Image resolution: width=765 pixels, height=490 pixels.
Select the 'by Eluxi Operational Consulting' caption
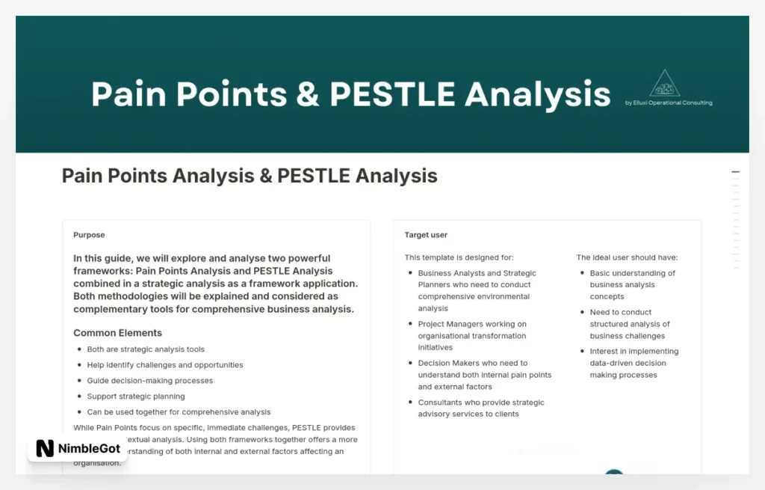pos(669,103)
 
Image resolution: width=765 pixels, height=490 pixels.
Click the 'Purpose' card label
pos(89,235)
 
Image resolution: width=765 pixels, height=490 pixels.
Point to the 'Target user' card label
pos(426,235)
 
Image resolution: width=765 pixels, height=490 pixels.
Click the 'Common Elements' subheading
pos(117,333)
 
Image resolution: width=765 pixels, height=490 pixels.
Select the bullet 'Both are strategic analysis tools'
pos(146,349)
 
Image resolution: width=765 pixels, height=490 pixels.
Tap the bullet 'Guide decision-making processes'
pos(150,381)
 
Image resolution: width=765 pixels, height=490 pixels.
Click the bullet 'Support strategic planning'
pos(136,396)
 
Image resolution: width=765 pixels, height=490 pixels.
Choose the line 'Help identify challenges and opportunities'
pos(165,365)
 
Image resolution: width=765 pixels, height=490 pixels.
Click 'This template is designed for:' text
pos(459,257)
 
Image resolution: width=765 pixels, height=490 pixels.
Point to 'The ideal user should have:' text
pos(627,257)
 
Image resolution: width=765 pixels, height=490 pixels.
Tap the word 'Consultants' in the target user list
pos(440,402)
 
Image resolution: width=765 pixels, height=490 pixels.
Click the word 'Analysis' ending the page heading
pos(397,176)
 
